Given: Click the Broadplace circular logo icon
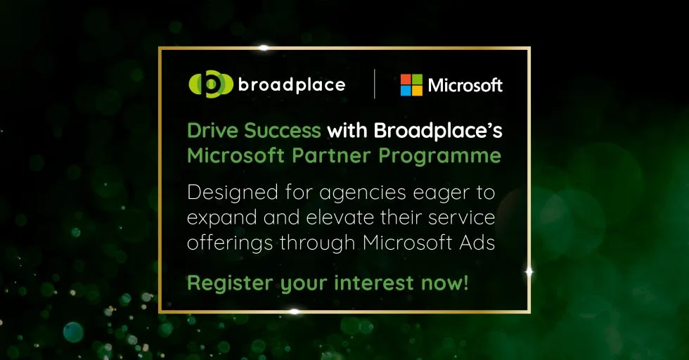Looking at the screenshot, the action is point(211,84).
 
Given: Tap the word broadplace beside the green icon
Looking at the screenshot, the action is point(292,84).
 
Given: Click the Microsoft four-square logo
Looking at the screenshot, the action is point(411,85).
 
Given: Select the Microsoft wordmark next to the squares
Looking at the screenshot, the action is point(465,85).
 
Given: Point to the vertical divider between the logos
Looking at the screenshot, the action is point(374,84).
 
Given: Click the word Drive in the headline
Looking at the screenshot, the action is point(213,131).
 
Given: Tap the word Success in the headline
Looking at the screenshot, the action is point(283,131).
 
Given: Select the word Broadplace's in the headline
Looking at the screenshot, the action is point(438,131).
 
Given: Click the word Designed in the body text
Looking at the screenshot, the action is point(233,193).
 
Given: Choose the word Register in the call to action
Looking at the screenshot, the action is point(230,283).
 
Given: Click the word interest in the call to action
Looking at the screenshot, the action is point(374,283).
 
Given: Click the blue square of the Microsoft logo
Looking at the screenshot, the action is point(406,91).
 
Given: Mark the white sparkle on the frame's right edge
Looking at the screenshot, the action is point(529,272).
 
